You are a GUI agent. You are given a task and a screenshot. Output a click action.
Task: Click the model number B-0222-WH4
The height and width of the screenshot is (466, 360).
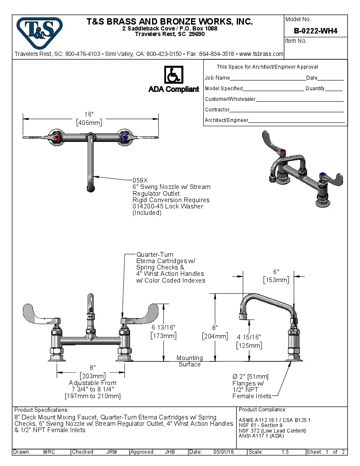tap(316, 31)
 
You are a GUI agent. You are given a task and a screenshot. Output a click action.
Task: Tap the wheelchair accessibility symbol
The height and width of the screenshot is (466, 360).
tap(173, 75)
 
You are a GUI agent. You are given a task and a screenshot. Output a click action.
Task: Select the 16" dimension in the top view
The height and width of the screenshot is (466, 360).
tap(89, 114)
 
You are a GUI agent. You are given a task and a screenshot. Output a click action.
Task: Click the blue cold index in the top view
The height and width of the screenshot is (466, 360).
tap(124, 137)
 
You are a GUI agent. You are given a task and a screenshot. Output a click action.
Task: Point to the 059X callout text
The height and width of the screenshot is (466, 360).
tap(140, 180)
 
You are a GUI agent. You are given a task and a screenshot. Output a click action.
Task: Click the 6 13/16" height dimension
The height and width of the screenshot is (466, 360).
tap(163, 327)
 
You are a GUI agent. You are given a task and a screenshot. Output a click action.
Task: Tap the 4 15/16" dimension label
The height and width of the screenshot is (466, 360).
tap(249, 337)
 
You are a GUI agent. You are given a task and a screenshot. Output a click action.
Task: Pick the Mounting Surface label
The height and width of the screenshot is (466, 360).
tap(189, 361)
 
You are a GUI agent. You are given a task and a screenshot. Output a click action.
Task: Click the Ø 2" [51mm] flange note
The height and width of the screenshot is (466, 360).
tap(250, 377)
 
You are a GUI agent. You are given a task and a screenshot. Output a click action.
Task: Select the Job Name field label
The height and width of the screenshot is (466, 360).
tap(217, 78)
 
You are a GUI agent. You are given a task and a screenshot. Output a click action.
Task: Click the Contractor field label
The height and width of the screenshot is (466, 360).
tap(217, 110)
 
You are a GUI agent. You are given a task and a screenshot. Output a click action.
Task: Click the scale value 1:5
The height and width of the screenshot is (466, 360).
tap(285, 452)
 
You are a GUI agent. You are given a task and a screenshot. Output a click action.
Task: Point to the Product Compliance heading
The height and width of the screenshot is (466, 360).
tap(263, 410)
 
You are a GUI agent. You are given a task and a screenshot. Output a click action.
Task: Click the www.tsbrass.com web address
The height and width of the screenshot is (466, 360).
tap(261, 54)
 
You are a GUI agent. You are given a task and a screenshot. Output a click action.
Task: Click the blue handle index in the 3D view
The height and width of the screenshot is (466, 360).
tap(322, 175)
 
